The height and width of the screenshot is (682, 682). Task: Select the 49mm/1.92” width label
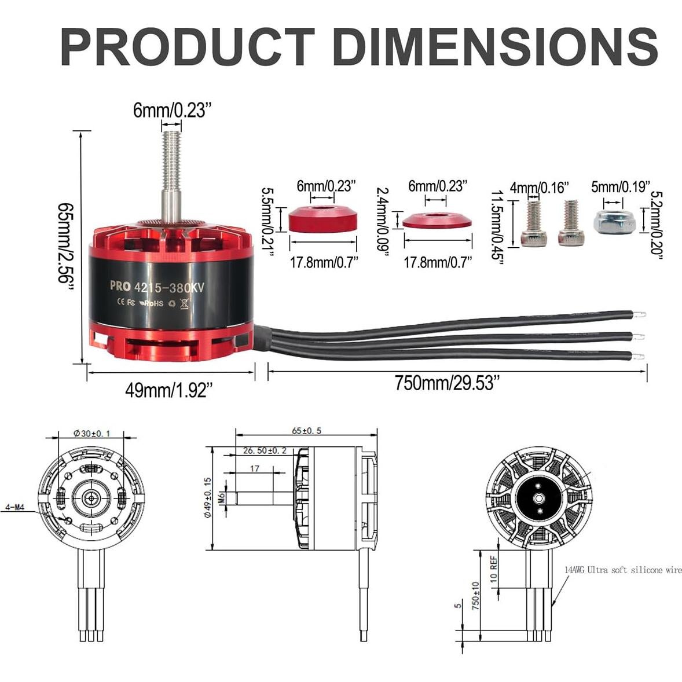click(x=166, y=391)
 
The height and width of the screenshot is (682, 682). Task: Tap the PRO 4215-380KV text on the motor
click(x=157, y=285)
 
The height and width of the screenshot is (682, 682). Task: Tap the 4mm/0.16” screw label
click(x=539, y=188)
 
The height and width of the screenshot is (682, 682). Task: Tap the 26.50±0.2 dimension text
click(x=265, y=451)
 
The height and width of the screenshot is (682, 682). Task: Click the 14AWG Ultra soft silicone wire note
click(x=622, y=570)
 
